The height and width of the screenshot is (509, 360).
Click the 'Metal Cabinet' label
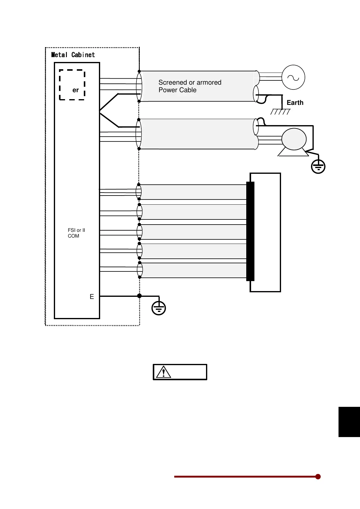[73, 55]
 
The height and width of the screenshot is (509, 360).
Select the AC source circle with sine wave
[293, 77]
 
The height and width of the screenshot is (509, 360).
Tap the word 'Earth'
[295, 103]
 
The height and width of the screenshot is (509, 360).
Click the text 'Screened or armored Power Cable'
[190, 86]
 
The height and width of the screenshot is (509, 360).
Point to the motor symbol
[294, 139]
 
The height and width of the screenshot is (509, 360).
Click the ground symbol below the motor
[318, 167]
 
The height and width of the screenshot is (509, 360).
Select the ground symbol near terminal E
[159, 308]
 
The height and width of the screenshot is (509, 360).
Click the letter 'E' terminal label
[92, 297]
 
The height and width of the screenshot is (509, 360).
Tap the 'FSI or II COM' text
[76, 233]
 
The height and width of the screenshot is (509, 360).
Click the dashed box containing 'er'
[72, 85]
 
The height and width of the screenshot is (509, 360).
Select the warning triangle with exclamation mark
[164, 372]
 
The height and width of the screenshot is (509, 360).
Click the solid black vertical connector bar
[250, 231]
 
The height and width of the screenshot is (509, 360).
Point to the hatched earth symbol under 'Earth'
[280, 112]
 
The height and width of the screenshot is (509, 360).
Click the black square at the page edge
[349, 422]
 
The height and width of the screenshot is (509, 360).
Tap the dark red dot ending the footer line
[318, 477]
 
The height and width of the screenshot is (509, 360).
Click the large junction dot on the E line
[139, 296]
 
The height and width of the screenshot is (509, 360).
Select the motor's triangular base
[293, 153]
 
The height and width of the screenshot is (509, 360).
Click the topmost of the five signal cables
[194, 192]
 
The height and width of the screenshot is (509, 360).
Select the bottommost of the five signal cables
[194, 270]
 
